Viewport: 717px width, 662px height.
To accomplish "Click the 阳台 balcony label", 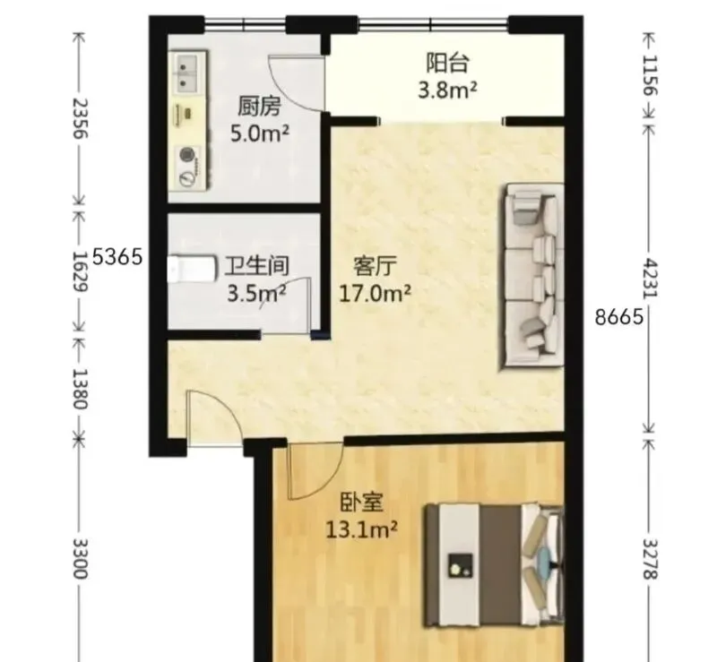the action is [447, 64].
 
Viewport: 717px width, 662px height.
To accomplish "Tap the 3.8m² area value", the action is [447, 90].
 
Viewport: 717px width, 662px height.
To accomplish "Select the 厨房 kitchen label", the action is [259, 107].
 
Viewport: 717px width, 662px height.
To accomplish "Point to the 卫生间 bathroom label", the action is [257, 266].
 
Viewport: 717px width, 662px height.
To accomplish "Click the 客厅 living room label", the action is [375, 266].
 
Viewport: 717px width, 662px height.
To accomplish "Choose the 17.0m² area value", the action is [375, 293].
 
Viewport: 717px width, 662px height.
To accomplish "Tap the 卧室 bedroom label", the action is [362, 503].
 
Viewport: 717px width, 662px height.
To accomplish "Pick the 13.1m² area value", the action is [362, 529].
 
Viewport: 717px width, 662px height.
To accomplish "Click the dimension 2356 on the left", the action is [81, 118].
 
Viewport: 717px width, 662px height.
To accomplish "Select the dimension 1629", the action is [81, 271].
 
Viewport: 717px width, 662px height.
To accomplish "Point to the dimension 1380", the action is [81, 389].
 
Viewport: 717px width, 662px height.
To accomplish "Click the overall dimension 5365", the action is [117, 257].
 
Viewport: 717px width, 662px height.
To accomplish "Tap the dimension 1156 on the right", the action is [649, 75].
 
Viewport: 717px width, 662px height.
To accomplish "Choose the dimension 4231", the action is [649, 279].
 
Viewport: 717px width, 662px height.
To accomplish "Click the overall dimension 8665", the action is [619, 316].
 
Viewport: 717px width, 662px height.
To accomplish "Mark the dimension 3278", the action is [649, 559].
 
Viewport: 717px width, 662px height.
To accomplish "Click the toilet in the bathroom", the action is [192, 269].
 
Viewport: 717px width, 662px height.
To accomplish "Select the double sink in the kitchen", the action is [186, 73].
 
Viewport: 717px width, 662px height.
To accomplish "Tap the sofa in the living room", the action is [532, 275].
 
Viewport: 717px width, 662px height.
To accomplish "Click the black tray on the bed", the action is [460, 566].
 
